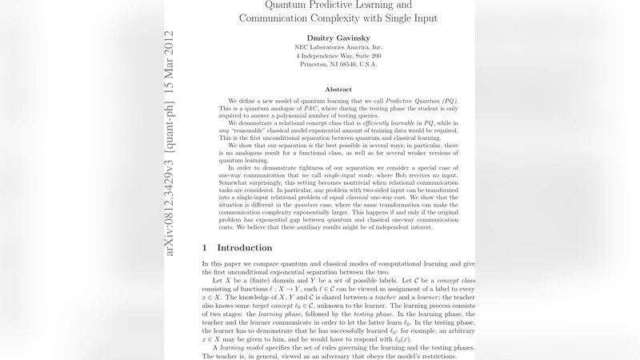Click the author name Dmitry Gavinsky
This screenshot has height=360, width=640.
click(x=338, y=38)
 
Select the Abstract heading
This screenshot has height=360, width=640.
click(x=338, y=89)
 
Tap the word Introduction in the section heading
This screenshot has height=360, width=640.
click(x=245, y=247)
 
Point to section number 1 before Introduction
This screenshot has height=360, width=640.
click(x=205, y=247)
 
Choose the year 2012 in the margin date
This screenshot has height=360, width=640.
click(x=169, y=45)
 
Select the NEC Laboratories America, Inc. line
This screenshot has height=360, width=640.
click(x=338, y=47)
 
